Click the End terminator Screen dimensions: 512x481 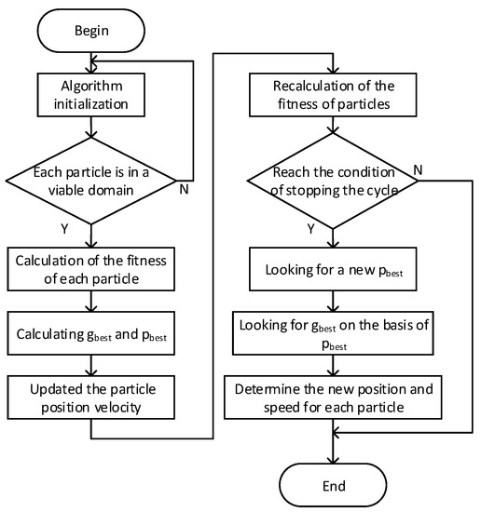pyautogui.click(x=334, y=485)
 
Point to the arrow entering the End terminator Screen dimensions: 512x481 pyautogui.click(x=334, y=451)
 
